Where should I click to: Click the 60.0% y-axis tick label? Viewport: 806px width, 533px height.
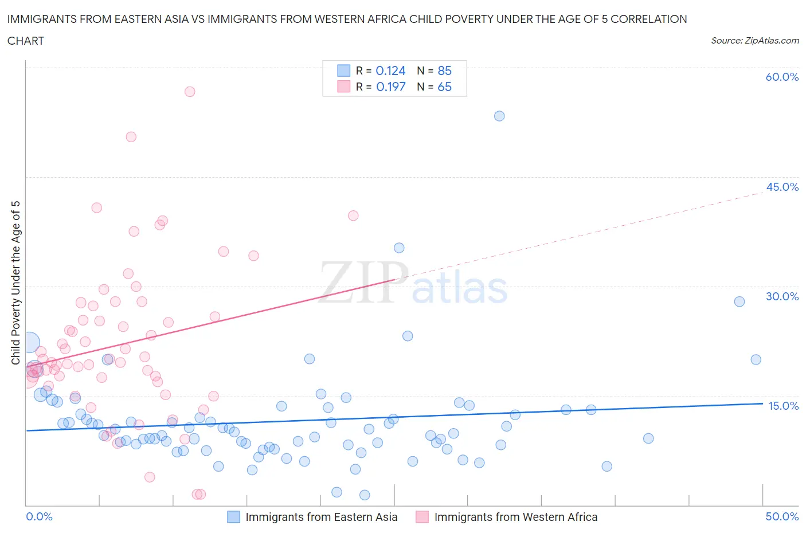pos(782,77)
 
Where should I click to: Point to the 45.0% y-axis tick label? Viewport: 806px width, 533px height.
pos(782,187)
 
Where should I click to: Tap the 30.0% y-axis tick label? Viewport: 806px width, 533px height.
pos(782,296)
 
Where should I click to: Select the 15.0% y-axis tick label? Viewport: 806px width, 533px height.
pos(783,406)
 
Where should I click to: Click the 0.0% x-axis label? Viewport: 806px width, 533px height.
pos(39,516)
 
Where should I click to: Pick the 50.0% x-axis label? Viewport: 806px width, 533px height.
pos(782,516)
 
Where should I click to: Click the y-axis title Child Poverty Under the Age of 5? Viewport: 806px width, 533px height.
pos(15,283)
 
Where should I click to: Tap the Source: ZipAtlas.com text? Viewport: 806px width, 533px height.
pos(754,40)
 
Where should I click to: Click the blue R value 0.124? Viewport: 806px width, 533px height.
pos(390,70)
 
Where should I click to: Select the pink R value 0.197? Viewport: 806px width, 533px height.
pos(390,87)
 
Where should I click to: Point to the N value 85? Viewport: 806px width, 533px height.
pos(444,70)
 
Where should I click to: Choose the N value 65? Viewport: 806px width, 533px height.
pos(444,87)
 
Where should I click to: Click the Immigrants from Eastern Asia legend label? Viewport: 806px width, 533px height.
pos(321,517)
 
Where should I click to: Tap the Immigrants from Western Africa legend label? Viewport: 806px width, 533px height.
pos(515,517)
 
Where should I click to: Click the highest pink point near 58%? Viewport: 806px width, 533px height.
pos(190,92)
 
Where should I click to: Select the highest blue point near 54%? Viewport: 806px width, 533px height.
pos(499,116)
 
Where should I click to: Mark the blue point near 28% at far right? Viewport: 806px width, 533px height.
pos(740,301)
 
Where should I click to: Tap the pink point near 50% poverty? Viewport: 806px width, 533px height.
pos(131,137)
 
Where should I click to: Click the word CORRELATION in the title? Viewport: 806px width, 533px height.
pos(648,19)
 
